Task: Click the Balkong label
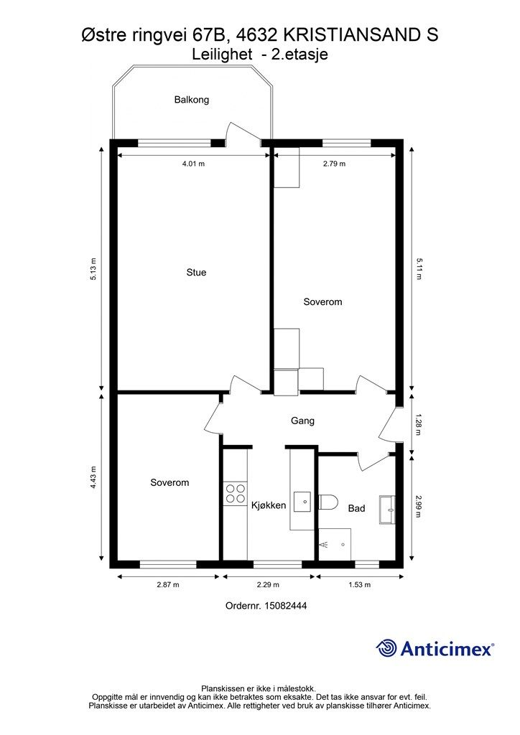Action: coord(191,99)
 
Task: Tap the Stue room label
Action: coord(196,272)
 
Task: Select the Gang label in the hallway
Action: coord(302,421)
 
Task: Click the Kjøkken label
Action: coord(269,505)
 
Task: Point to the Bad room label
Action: coord(356,508)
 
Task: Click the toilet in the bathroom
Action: coord(328,502)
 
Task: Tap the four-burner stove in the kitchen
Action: coord(236,494)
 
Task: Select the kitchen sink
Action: coord(303,502)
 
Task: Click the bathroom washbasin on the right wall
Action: coord(387,510)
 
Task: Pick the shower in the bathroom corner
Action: coord(335,544)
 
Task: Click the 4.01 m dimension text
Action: coord(194,164)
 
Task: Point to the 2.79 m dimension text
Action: coord(334,164)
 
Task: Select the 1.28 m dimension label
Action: coord(418,424)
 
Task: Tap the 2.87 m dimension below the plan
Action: coord(168,584)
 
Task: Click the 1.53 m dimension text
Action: coord(359,584)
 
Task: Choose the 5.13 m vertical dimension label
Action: coord(93,269)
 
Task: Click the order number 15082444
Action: coord(286,606)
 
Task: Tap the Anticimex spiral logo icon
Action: coord(386,649)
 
